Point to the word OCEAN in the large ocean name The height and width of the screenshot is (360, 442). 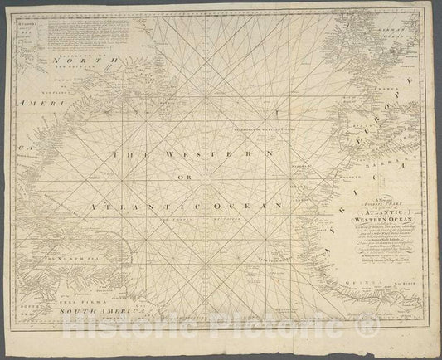(239, 202)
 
